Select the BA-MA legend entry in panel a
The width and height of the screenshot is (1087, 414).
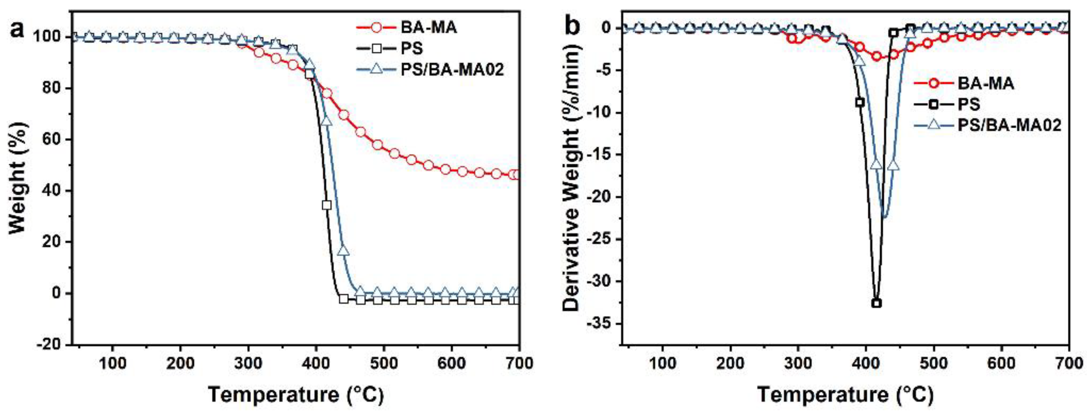[428, 28]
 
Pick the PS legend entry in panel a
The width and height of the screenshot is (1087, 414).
[411, 48]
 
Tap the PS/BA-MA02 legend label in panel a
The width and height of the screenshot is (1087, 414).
[452, 69]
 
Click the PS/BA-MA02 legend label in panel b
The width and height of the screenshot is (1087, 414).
[1009, 125]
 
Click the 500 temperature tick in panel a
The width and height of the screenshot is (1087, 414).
[384, 363]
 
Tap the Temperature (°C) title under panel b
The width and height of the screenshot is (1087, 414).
[845, 395]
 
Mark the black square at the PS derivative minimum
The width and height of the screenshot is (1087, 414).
[876, 303]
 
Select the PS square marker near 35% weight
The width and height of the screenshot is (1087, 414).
[326, 205]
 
